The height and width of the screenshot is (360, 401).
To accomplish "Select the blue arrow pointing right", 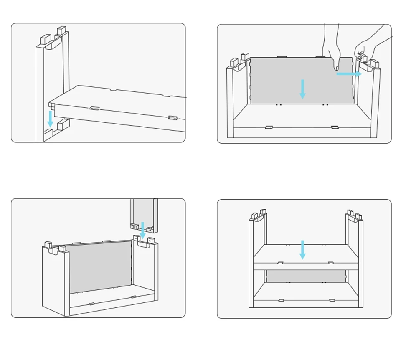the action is (x=349, y=74).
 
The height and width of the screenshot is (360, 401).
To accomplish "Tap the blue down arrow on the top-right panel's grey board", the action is (x=302, y=89).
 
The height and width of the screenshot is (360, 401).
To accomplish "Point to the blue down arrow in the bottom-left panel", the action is (x=143, y=230).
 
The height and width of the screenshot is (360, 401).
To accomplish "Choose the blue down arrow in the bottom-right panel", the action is (x=302, y=249).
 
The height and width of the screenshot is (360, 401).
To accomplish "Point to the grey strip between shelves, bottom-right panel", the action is (x=306, y=276).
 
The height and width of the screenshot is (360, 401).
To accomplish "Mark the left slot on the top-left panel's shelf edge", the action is (x=95, y=108).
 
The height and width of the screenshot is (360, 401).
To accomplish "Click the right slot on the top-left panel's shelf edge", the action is (x=173, y=118).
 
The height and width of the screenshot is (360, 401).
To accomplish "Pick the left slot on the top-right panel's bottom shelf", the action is (x=269, y=127).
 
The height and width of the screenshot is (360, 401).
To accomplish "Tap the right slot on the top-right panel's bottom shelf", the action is (x=335, y=127).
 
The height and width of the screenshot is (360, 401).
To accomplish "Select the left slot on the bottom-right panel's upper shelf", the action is (x=280, y=263).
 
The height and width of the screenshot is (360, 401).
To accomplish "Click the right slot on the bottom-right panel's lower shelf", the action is (x=332, y=300).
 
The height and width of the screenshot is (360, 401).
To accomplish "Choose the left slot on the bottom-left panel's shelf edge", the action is (x=92, y=304).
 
